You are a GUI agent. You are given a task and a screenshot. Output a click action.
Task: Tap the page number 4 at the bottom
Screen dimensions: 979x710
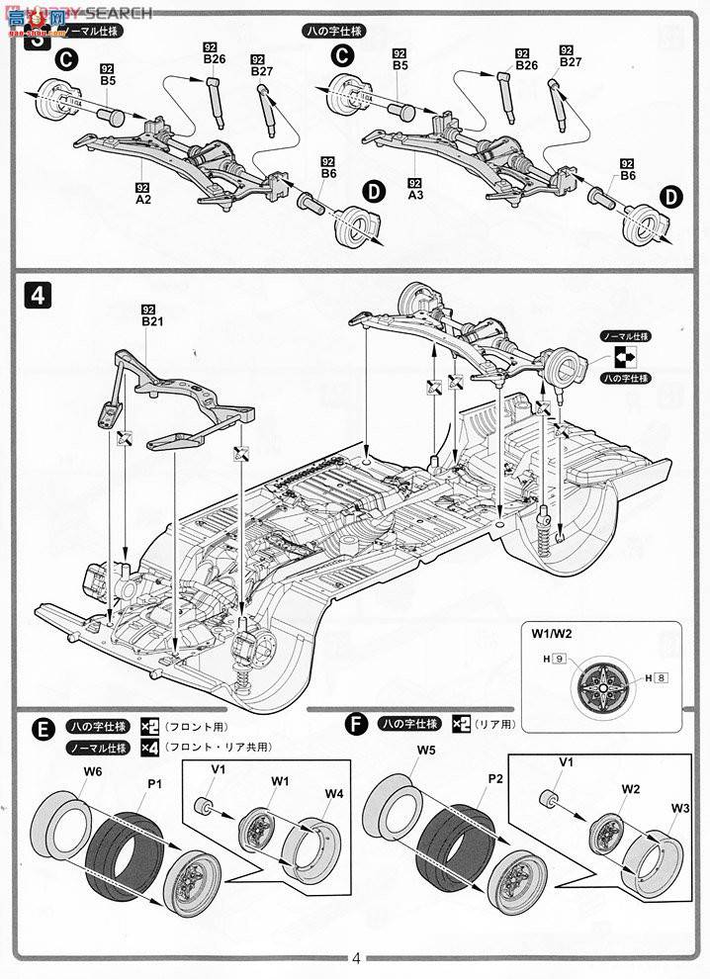coord(356,957)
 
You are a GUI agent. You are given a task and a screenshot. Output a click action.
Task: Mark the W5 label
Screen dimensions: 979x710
coord(425,751)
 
